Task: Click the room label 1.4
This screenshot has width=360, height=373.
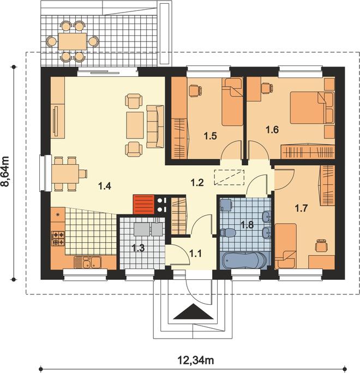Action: point(105,186)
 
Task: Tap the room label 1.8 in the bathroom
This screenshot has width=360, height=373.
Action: point(247,224)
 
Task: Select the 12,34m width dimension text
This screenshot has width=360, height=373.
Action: point(196,360)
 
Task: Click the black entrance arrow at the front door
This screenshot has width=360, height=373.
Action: point(193,311)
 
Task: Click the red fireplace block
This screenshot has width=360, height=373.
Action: point(143,204)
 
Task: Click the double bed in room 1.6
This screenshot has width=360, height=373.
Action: point(308,108)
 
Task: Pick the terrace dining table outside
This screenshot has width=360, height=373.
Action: point(73,41)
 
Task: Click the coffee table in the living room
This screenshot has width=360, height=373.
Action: point(135,125)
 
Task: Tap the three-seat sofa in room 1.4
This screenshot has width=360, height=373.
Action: point(155,127)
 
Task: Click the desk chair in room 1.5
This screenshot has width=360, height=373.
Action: point(196,91)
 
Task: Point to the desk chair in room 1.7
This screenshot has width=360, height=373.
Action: point(321,245)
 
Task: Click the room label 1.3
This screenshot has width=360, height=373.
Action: point(138,248)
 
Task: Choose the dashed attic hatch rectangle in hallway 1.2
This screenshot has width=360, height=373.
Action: point(229,177)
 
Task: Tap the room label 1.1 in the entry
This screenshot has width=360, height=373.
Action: point(196,254)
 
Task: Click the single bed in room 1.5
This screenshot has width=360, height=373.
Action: point(232,101)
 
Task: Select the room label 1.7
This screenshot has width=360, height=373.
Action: point(301,209)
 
